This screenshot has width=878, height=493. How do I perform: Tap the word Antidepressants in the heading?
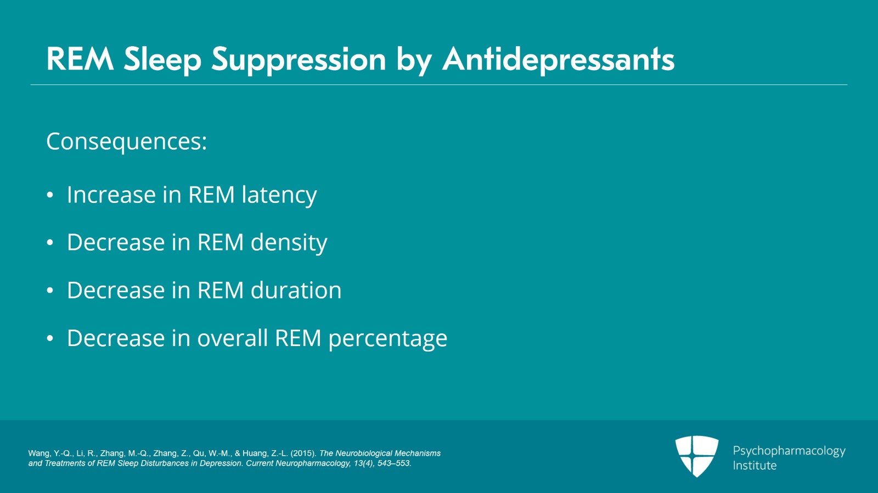pos(559,59)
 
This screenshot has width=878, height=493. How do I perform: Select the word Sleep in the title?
pos(162,60)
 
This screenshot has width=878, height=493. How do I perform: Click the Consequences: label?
pos(127,141)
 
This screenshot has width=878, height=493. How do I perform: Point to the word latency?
pos(279,195)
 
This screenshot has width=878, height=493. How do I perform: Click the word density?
pos(289,243)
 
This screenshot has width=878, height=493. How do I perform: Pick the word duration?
pos(296,290)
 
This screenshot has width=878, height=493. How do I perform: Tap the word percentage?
pos(387,339)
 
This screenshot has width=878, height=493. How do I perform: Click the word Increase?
pos(111,195)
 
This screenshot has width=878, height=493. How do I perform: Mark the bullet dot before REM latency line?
pos(50,195)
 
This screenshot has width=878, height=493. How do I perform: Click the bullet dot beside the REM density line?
pos(50,243)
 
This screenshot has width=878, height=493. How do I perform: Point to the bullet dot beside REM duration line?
pos(50,291)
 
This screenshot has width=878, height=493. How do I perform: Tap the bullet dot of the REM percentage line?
pos(50,338)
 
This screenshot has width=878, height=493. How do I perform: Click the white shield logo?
pos(697,456)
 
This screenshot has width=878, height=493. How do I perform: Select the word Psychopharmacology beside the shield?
pos(789,451)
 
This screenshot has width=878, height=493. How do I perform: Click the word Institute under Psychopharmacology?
pos(755,466)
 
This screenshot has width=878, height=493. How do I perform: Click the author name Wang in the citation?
pos(39,454)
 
